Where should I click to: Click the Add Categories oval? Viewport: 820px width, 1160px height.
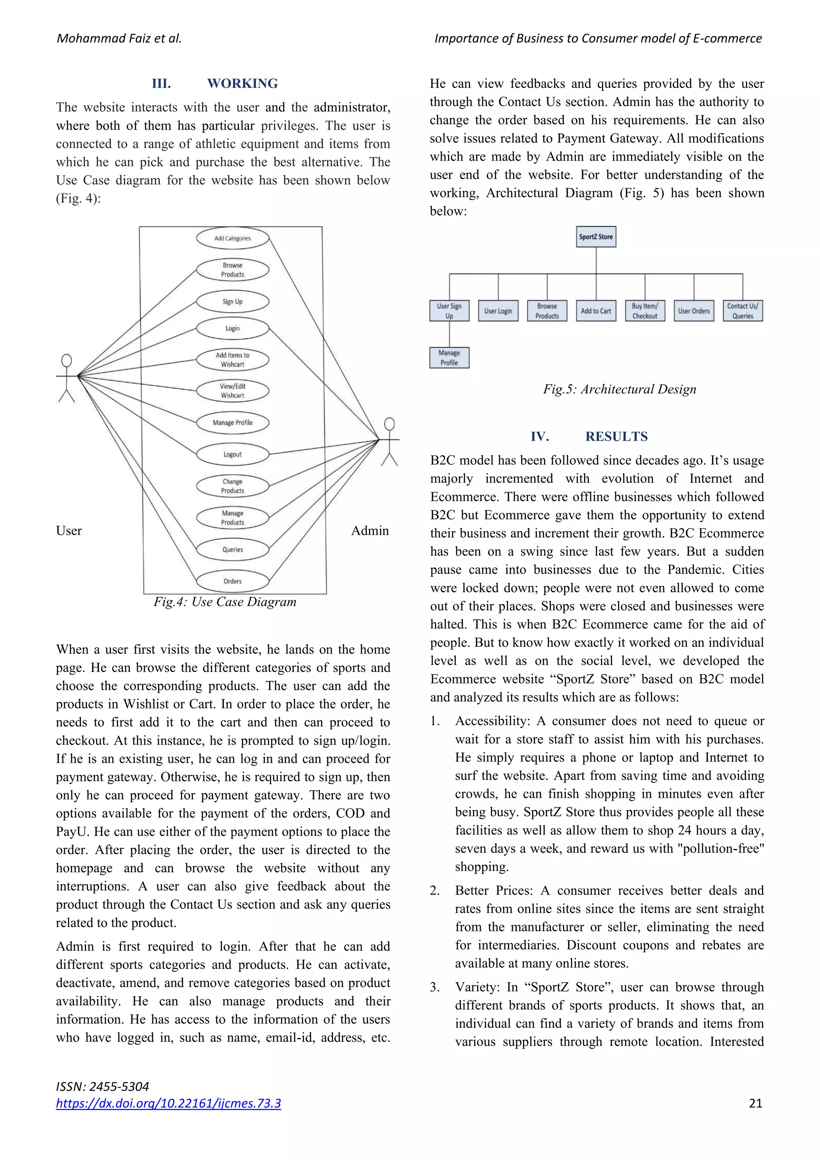point(232,238)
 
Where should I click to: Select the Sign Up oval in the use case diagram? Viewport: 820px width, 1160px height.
point(232,302)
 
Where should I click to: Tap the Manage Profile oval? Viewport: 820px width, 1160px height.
point(232,422)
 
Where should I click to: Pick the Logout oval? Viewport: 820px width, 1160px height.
point(232,454)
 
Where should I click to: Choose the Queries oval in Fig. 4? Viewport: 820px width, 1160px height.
point(232,549)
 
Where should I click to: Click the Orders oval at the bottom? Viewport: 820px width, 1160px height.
point(232,581)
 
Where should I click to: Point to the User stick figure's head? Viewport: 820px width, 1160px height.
point(66,360)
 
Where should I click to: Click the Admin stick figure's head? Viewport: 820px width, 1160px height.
point(389,423)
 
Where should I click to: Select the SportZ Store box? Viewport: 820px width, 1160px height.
point(596,237)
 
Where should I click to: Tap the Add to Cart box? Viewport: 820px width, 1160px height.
point(596,311)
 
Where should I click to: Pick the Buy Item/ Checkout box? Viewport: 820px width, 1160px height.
point(645,311)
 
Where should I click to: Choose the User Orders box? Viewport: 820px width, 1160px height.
point(694,311)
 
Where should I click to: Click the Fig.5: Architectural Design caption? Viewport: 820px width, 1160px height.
point(619,389)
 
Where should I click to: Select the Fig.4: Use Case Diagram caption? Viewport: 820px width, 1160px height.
point(225,602)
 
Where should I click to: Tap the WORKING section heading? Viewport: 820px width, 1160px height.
point(243,83)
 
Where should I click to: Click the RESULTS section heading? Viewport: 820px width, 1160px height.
point(616,437)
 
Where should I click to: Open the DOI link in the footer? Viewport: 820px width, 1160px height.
point(168,1103)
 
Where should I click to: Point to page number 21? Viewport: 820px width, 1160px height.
point(755,1103)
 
